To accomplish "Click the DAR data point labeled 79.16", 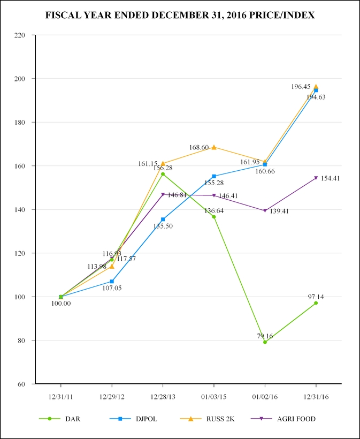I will click(x=265, y=342).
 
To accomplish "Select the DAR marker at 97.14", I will click(x=316, y=303).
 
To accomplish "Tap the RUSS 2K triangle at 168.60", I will click(x=214, y=147).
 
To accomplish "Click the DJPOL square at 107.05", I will click(x=112, y=281).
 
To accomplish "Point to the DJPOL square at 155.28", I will click(x=214, y=176).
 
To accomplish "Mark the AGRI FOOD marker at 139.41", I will click(x=265, y=211).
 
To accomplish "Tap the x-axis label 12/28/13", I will click(x=163, y=397).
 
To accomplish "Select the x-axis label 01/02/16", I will click(x=265, y=397).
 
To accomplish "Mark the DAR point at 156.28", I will click(x=163, y=174).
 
